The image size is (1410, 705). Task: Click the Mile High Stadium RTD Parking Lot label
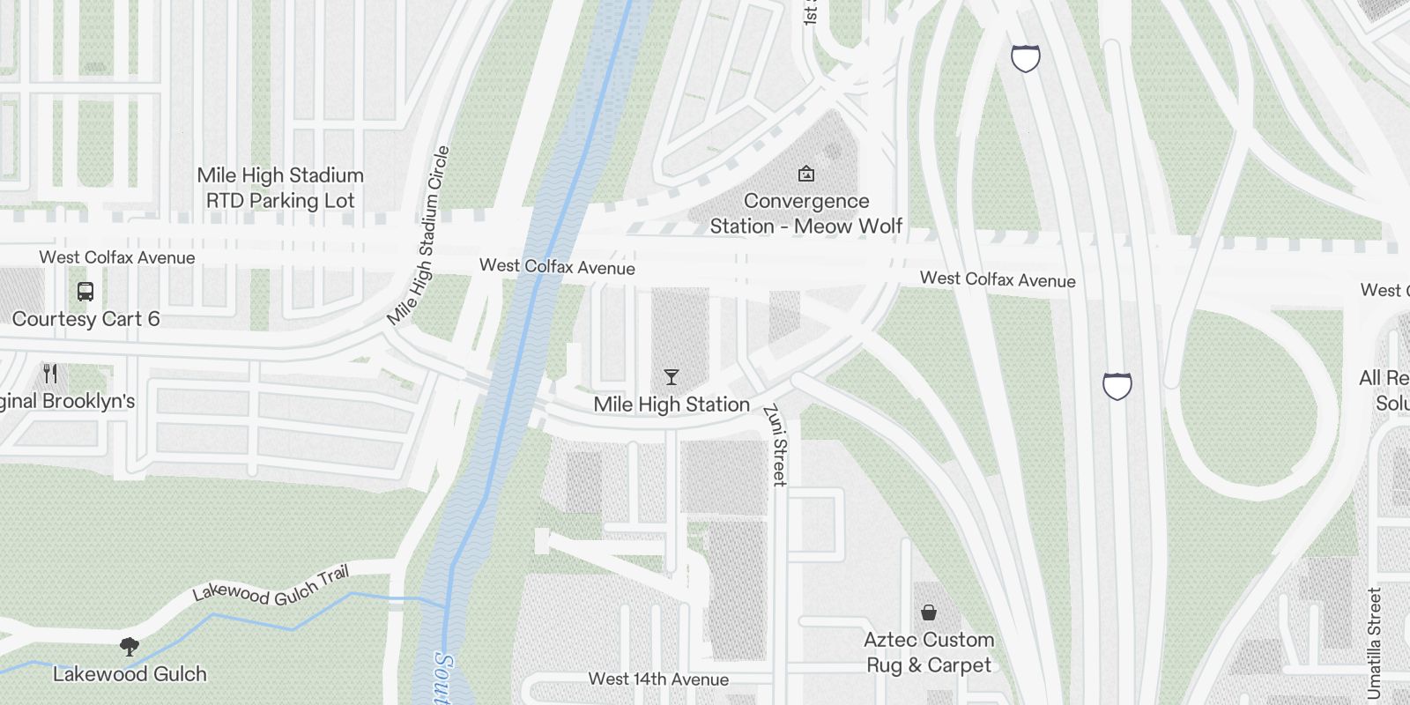click(280, 188)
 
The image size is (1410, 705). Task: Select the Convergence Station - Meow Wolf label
click(806, 214)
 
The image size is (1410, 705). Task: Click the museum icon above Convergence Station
click(805, 174)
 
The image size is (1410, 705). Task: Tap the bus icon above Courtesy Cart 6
click(85, 291)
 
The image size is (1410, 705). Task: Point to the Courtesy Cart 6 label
click(85, 319)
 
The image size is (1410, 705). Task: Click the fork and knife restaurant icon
click(51, 374)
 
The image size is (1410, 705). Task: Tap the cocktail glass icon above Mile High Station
click(672, 377)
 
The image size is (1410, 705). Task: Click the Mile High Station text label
click(672, 404)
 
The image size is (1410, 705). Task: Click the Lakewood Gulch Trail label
click(271, 586)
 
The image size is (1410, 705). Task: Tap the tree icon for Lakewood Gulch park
click(130, 647)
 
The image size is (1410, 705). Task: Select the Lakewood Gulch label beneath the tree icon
click(130, 674)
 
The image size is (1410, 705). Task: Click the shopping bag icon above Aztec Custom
click(928, 612)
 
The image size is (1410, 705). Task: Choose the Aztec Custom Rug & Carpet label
click(929, 652)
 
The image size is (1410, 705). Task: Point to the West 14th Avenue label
click(658, 679)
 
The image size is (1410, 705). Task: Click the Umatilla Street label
click(1374, 643)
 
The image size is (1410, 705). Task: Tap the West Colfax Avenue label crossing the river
click(557, 266)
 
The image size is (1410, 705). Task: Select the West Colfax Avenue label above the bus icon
click(117, 257)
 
